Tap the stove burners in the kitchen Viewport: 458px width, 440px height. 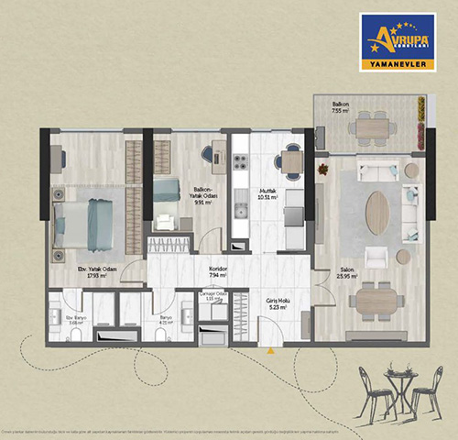[241, 162]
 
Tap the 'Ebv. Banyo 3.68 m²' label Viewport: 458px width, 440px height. [75, 322]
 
